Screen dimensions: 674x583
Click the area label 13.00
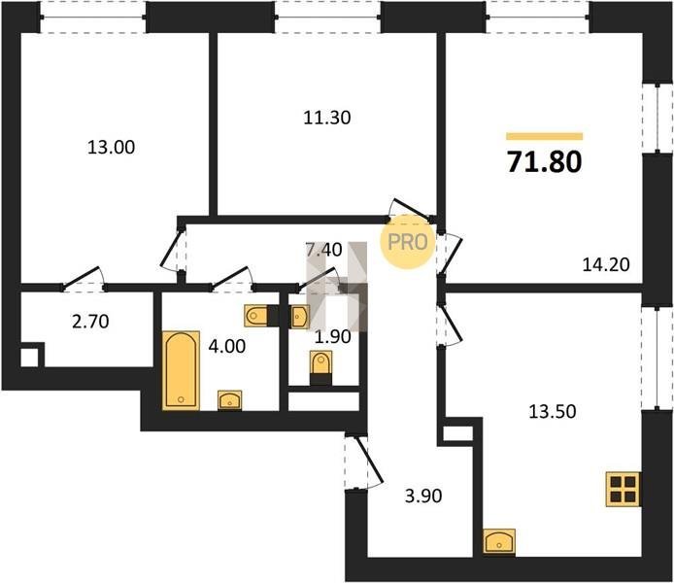pos(111,148)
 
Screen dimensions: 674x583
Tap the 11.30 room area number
pos(327,118)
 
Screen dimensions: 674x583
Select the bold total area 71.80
pos(544,161)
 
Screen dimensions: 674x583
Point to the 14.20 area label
pos(606,264)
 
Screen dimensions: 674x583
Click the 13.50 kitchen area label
pos(553,411)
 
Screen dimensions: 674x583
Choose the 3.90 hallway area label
pos(423,497)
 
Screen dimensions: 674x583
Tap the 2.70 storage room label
pos(90,322)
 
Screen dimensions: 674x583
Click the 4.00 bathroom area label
pos(227,346)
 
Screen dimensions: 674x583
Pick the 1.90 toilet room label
pos(333,337)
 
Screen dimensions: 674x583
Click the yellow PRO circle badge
pos(407,242)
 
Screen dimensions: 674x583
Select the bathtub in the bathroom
pos(181,370)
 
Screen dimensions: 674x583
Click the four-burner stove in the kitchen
pos(623,489)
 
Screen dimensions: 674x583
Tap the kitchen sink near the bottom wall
pos(499,541)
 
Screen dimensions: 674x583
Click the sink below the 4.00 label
pos(229,400)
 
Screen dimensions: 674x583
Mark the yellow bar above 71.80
pos(544,136)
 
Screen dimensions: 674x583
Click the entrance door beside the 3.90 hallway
pos(363,463)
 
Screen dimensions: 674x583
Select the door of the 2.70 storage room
pos(84,279)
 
